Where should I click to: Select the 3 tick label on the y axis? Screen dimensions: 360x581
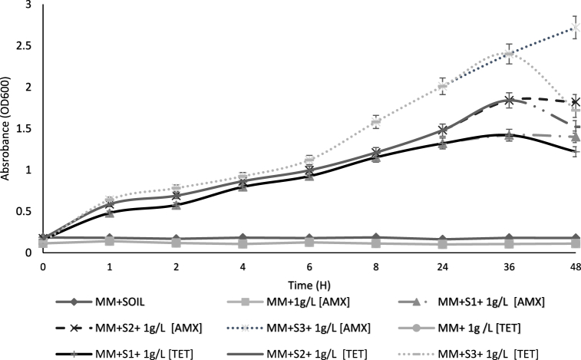(x=30, y=5)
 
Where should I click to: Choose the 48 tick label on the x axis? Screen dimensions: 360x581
(x=575, y=268)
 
